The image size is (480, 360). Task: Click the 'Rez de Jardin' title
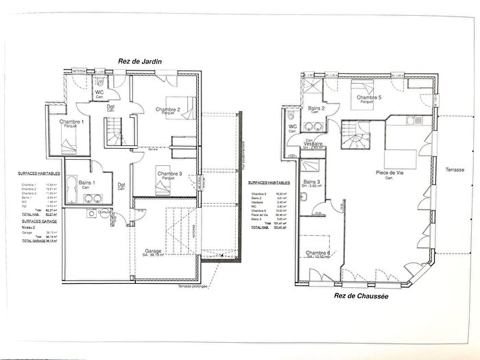point(139,61)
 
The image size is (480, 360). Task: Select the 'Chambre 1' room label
point(72,121)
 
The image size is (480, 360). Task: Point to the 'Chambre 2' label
point(167,110)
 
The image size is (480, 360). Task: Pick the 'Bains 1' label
point(87,182)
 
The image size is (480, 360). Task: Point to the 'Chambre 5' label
point(369,97)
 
